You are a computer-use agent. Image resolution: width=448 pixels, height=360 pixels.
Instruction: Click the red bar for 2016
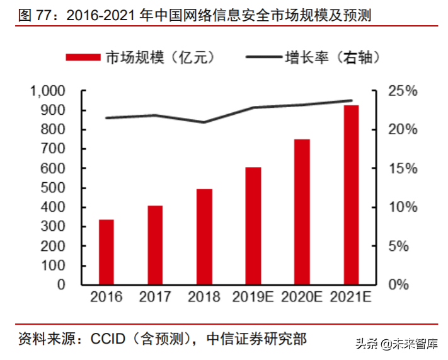(x=106, y=252)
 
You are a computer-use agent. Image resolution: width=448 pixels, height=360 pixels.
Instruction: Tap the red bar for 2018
(x=204, y=236)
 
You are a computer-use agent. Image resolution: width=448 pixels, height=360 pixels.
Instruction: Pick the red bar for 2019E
(x=253, y=226)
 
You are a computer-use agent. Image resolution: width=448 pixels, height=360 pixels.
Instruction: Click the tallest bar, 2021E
(x=351, y=195)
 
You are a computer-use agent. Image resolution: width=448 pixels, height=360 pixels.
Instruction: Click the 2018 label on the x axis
(x=204, y=297)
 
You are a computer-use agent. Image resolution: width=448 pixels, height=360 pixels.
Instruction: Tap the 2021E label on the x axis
(x=351, y=297)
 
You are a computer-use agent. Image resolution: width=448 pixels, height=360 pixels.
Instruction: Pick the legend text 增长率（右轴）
(x=332, y=57)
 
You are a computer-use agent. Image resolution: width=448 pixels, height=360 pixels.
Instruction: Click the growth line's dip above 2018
(x=204, y=122)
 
